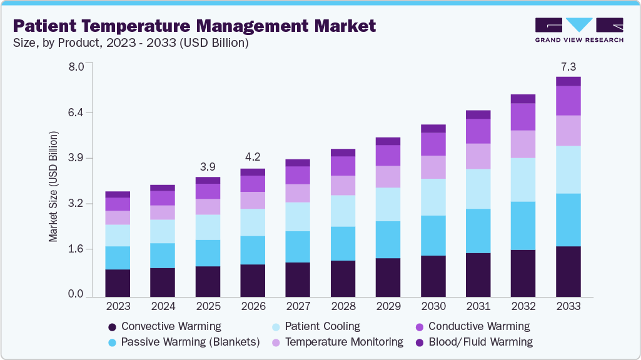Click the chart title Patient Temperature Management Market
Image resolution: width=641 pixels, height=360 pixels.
tap(194, 26)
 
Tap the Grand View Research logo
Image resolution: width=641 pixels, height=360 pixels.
tap(579, 29)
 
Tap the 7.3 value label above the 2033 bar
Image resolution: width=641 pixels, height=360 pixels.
tap(568, 66)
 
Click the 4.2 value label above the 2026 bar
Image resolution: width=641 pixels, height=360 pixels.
tap(253, 157)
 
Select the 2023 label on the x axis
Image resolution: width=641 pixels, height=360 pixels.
tap(118, 306)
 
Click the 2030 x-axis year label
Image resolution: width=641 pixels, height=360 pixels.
tap(433, 306)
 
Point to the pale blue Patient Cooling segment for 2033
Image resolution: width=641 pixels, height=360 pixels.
tap(568, 169)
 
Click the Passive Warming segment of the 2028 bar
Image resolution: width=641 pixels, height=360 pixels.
tap(343, 243)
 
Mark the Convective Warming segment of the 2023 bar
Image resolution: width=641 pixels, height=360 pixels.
tap(118, 282)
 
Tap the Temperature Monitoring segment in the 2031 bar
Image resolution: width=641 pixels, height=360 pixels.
tap(478, 156)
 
